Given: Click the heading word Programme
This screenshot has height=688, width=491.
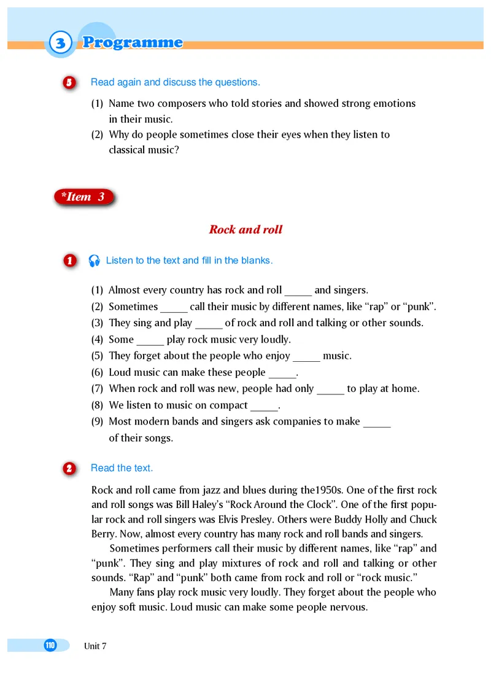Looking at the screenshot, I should pyautogui.click(x=133, y=42).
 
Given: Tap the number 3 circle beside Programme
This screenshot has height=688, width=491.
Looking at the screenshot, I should pyautogui.click(x=60, y=44).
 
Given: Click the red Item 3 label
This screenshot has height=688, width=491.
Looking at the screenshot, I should pyautogui.click(x=83, y=197).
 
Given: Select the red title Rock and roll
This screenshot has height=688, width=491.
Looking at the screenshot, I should pyautogui.click(x=245, y=230).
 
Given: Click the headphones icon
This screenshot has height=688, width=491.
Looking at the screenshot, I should pyautogui.click(x=94, y=260).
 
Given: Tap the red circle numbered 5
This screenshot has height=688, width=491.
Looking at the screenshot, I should pyautogui.click(x=69, y=82).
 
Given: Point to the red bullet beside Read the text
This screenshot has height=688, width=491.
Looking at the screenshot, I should pyautogui.click(x=69, y=469).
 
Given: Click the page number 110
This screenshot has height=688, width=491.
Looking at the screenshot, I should pyautogui.click(x=50, y=645).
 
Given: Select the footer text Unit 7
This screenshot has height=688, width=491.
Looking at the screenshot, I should pyautogui.click(x=95, y=646).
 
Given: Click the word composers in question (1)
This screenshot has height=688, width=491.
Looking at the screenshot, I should pyautogui.click(x=182, y=103).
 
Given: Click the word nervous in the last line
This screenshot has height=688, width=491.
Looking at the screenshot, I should pyautogui.click(x=347, y=608).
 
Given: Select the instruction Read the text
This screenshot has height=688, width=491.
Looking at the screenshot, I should pyautogui.click(x=122, y=468).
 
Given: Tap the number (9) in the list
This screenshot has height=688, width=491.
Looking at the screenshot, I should pyautogui.click(x=98, y=422).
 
